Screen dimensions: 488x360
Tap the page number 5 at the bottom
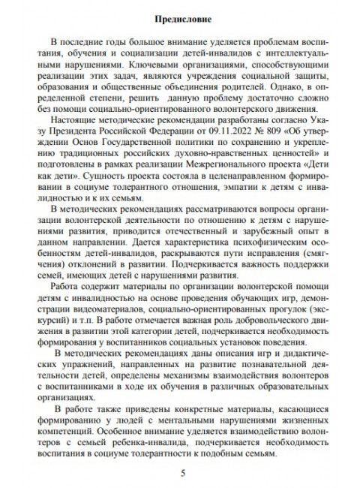[180, 474]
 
